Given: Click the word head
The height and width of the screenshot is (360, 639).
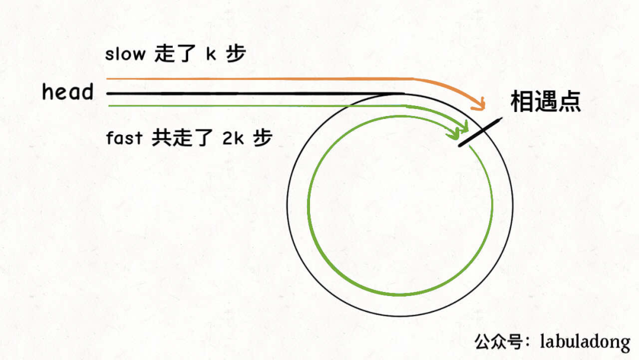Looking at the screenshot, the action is point(67,92).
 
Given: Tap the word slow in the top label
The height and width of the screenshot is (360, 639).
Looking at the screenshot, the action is point(125,54).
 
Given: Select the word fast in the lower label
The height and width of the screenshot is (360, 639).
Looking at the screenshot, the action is point(124,139).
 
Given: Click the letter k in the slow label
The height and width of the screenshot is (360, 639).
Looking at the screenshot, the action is point(210,54).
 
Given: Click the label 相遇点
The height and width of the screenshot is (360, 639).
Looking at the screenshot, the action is point(545,102).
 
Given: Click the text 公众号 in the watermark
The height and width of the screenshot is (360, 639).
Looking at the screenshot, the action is point(498,342).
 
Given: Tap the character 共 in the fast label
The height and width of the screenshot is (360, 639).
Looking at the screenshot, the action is point(161,139).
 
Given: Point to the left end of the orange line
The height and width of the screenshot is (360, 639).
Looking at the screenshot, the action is point(108,79).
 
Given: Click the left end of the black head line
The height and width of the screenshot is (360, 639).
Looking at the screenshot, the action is point(108,94).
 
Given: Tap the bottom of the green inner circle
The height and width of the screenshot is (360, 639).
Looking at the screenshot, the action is point(400,294).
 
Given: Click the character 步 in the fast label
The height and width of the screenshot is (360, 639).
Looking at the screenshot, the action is point(262,139).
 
